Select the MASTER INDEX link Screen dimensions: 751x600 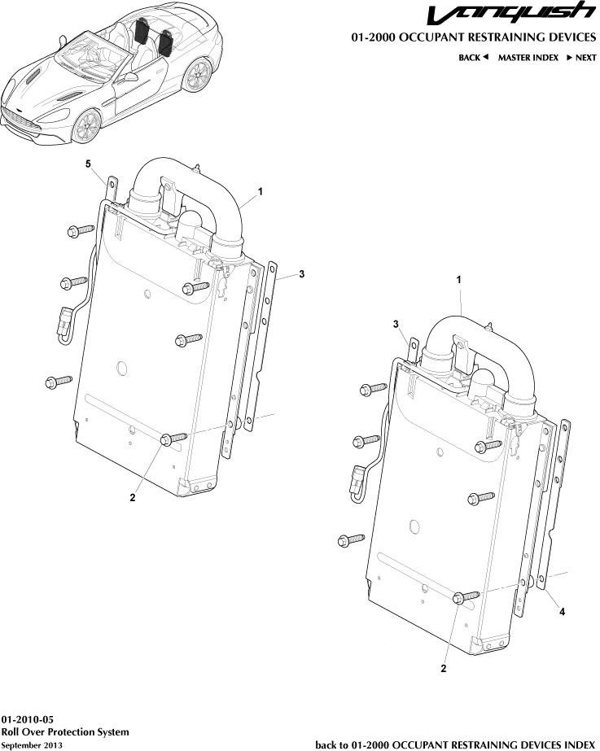tap(528, 58)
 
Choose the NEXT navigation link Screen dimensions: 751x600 tap(580, 58)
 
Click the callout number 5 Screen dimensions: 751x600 tap(89, 164)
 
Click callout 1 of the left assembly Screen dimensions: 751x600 tap(261, 191)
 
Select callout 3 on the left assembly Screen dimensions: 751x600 tap(300, 275)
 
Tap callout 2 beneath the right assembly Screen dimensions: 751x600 tap(444, 669)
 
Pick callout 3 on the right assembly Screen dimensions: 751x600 tap(396, 325)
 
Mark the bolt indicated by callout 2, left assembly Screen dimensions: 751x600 tap(169, 439)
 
